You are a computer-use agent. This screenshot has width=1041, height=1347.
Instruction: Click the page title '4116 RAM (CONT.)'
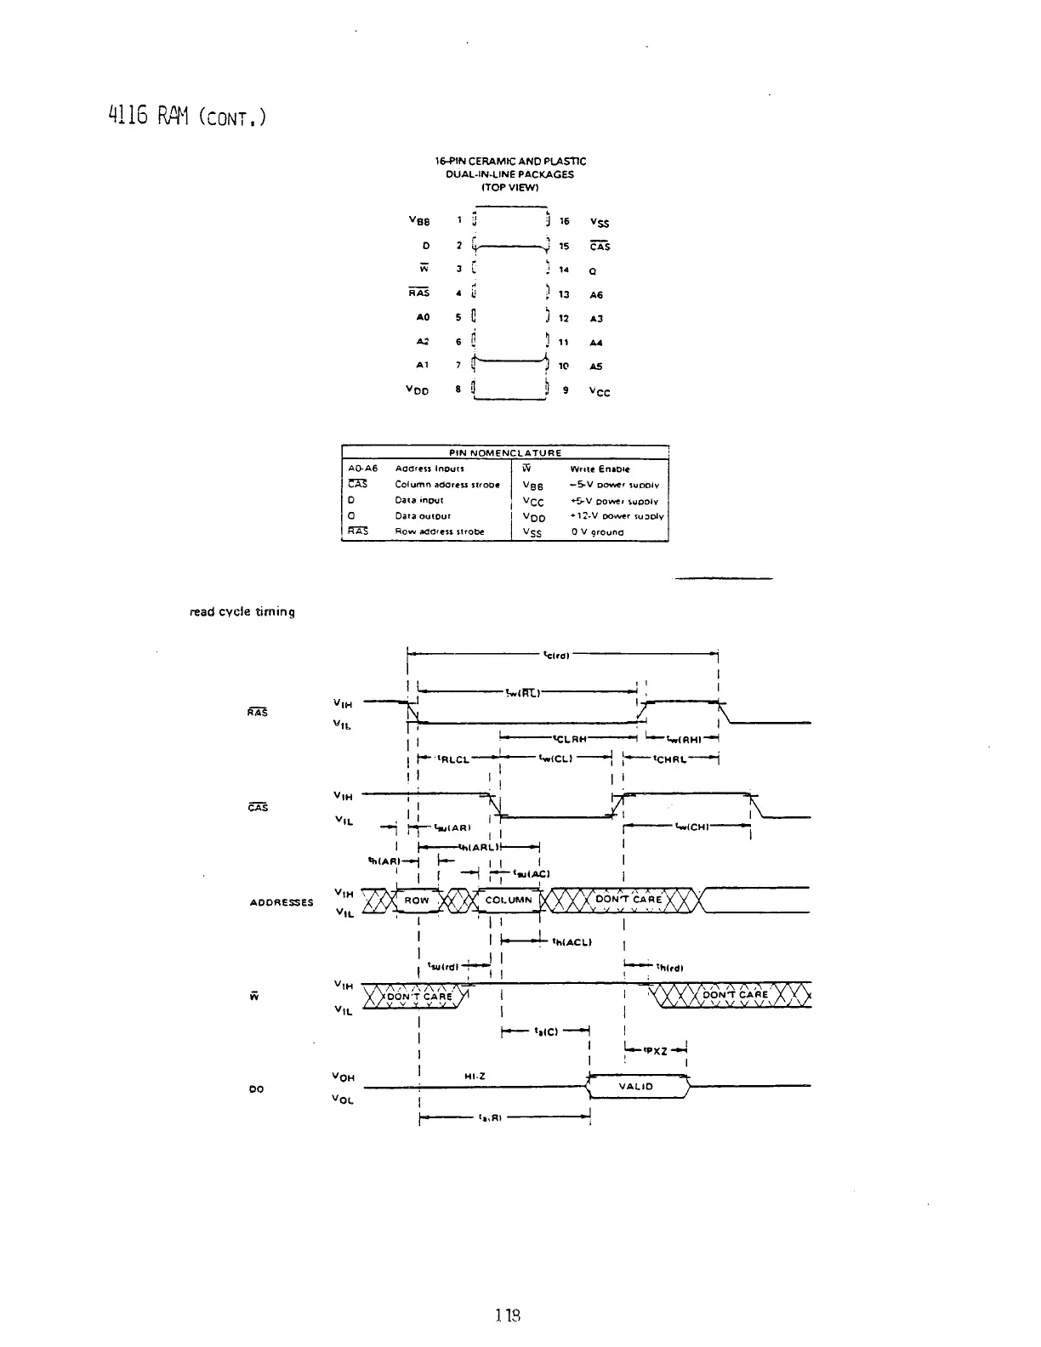(188, 114)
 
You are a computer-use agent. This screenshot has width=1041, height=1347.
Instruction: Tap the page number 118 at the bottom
(507, 1315)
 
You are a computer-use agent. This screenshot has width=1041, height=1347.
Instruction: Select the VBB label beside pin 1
(419, 221)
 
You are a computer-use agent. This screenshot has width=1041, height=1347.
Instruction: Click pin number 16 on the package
(564, 221)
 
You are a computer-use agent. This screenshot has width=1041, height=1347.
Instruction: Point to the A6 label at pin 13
(596, 295)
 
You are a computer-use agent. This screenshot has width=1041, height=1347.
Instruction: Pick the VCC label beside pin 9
(600, 392)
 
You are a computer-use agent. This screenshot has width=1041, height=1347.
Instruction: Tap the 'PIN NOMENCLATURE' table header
(505, 452)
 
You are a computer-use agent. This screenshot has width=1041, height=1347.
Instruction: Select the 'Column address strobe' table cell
(447, 485)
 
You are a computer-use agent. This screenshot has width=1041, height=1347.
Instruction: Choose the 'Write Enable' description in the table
(600, 469)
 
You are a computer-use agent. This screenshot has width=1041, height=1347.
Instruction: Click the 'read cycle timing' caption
(242, 611)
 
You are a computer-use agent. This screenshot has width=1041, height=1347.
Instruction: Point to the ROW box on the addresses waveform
(417, 900)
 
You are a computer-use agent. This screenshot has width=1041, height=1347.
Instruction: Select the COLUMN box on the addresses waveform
(509, 900)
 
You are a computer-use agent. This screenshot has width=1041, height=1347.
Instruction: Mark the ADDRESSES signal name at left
(282, 902)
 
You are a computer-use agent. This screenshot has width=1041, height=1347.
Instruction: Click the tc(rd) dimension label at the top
(556, 655)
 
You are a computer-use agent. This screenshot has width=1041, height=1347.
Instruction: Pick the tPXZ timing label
(655, 1051)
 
